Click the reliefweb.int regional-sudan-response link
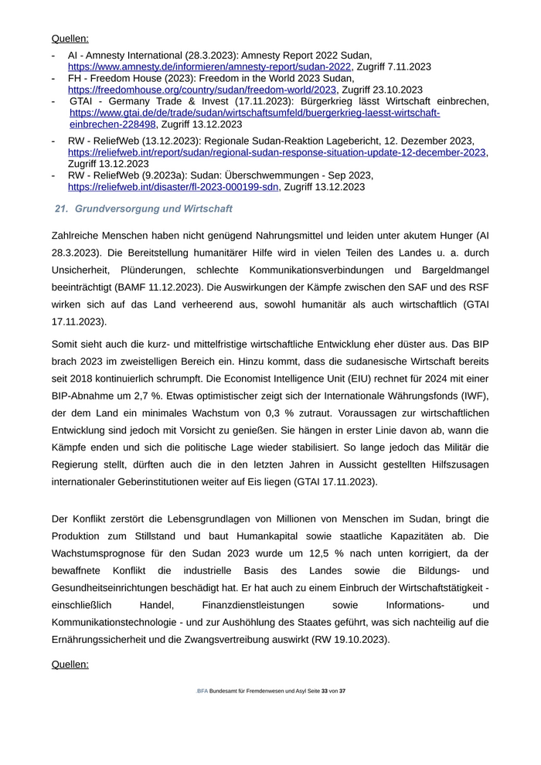pyautogui.click(x=277, y=152)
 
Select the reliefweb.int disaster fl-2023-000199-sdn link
pyautogui.click(x=173, y=187)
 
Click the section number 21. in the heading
pyautogui.click(x=62, y=209)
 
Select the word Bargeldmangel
pyautogui.click(x=451, y=270)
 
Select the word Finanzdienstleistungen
pyautogui.click(x=253, y=606)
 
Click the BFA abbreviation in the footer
pyautogui.click(x=202, y=691)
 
